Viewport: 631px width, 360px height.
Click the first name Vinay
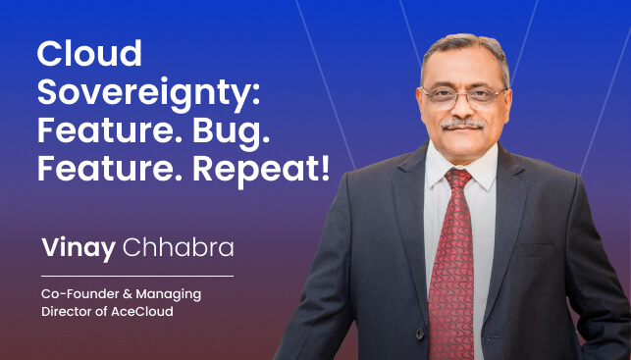(79, 248)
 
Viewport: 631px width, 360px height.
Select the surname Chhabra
(178, 248)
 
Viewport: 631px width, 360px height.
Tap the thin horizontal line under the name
(136, 276)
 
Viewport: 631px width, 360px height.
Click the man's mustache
(462, 126)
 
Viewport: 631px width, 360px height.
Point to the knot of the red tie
(458, 180)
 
